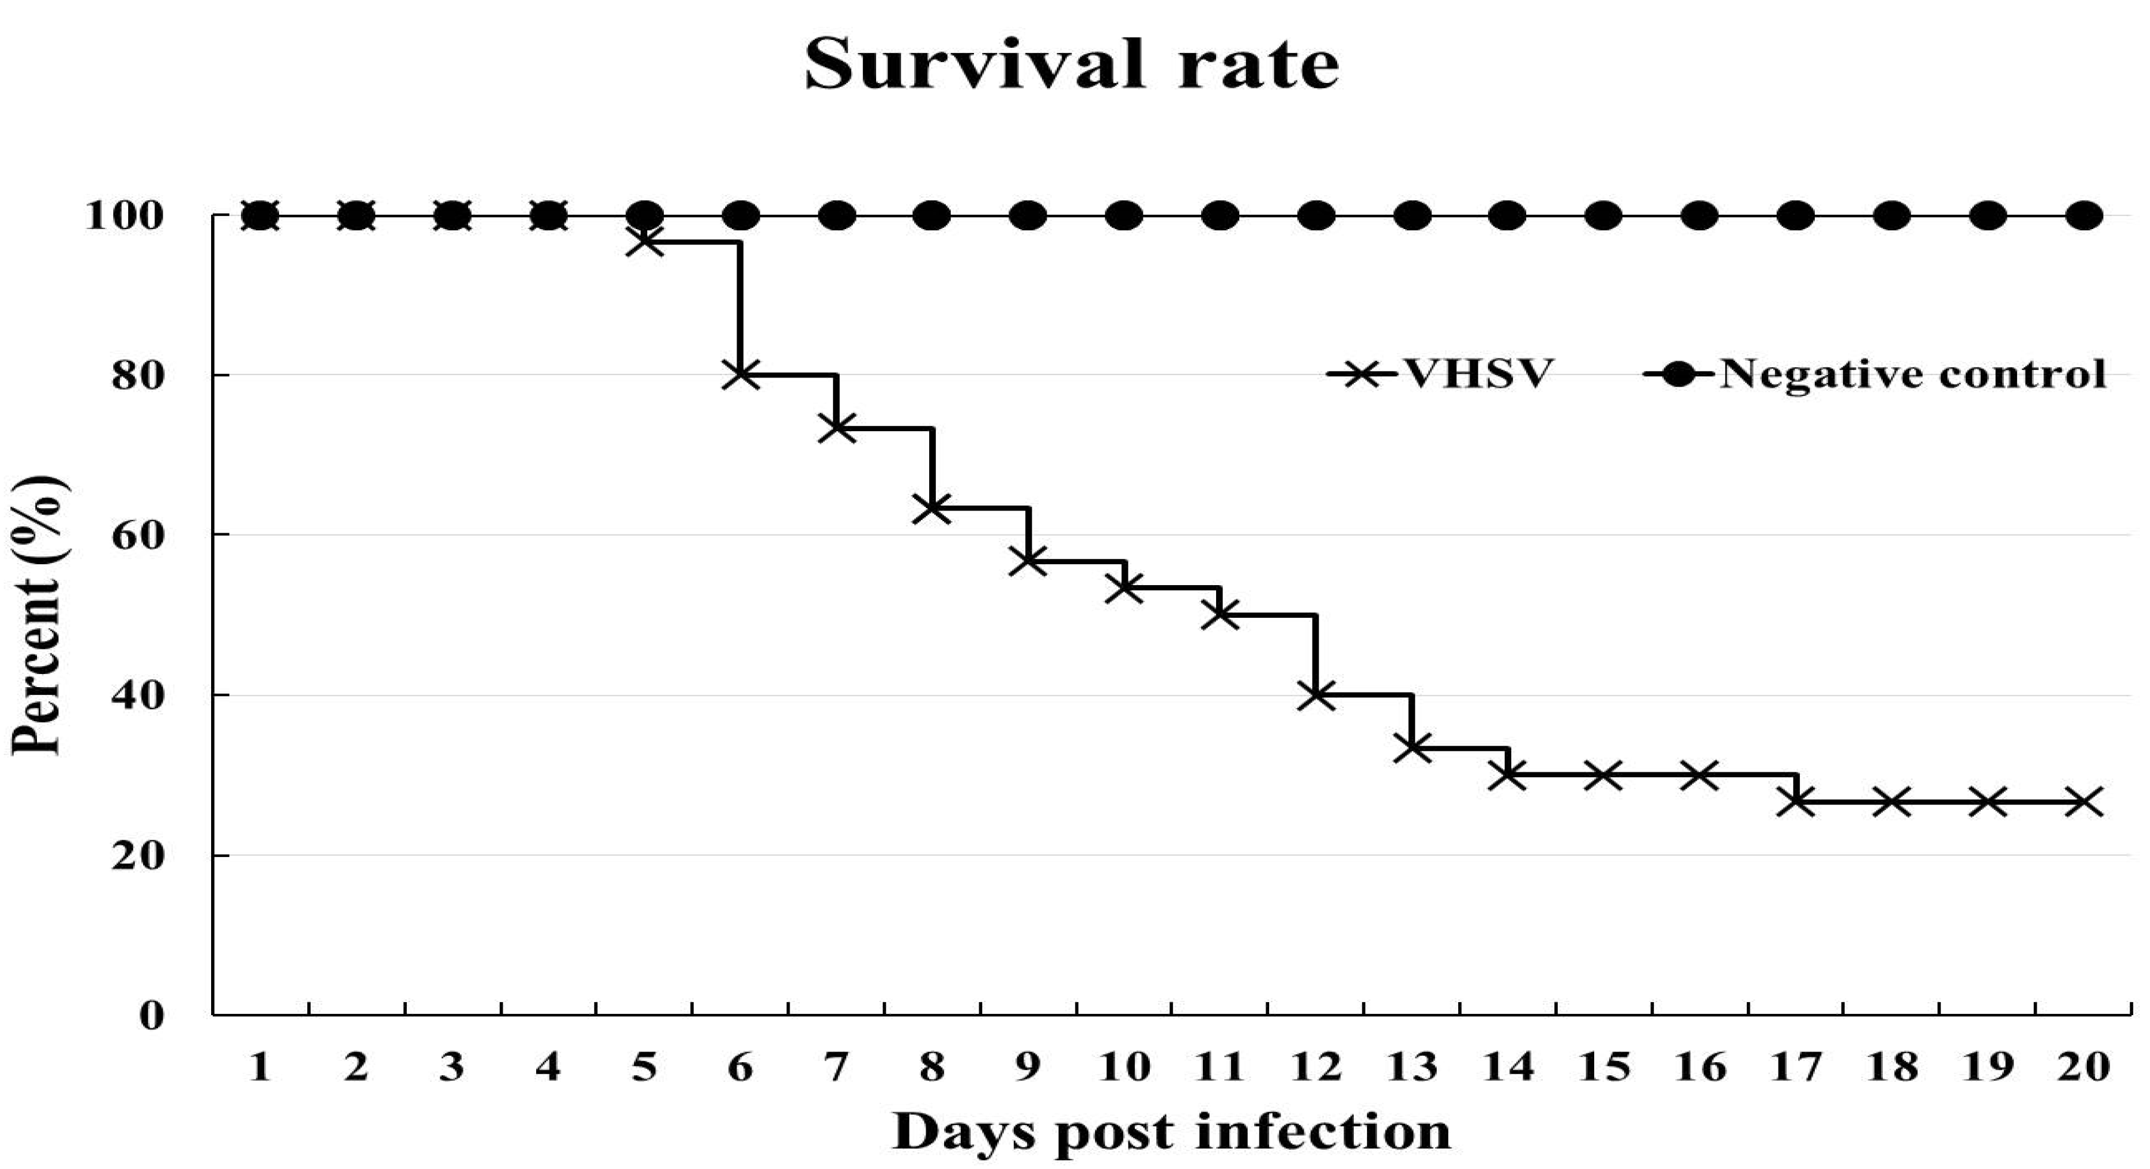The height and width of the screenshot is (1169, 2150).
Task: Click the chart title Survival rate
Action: [x=1072, y=65]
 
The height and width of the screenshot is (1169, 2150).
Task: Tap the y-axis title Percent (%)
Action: [x=38, y=616]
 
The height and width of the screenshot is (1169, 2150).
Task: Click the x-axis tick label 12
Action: [x=1316, y=1067]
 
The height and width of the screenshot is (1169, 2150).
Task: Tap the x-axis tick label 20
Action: [x=2083, y=1067]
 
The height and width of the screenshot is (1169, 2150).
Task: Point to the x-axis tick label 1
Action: [x=261, y=1067]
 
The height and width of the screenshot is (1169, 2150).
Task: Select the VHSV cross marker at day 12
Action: [x=1316, y=694]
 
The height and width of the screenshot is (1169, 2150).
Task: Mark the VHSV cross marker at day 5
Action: [x=644, y=242]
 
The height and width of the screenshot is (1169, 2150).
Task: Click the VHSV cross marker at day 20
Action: [x=2083, y=802]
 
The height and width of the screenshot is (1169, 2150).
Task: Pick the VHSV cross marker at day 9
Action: [x=1028, y=561]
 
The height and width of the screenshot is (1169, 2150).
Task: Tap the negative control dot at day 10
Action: [x=1124, y=216]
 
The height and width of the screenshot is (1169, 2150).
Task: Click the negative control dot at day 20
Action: [x=2083, y=216]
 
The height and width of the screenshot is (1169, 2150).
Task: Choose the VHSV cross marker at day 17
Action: [x=1795, y=802]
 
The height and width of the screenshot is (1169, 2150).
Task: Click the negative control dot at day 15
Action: [x=1603, y=216]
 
